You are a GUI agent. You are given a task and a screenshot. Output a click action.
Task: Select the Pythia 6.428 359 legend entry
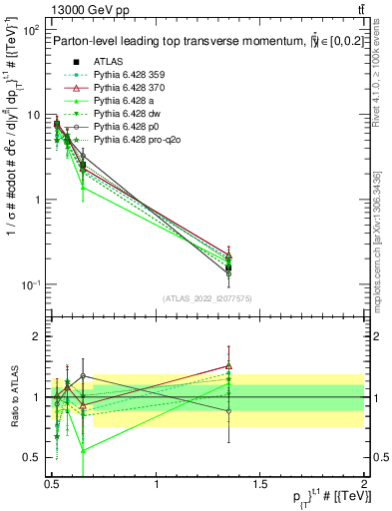click(125, 75)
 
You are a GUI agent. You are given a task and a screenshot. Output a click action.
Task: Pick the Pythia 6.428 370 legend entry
click(125, 88)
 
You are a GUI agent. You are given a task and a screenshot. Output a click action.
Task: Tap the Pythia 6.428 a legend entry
click(119, 101)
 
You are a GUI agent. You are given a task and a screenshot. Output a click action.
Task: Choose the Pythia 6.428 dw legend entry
click(122, 115)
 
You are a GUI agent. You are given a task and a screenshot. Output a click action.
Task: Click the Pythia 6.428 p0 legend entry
click(122, 128)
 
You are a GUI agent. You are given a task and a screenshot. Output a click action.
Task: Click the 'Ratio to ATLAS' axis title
click(13, 397)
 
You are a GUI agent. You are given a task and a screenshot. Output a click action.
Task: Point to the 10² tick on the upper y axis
click(34, 31)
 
